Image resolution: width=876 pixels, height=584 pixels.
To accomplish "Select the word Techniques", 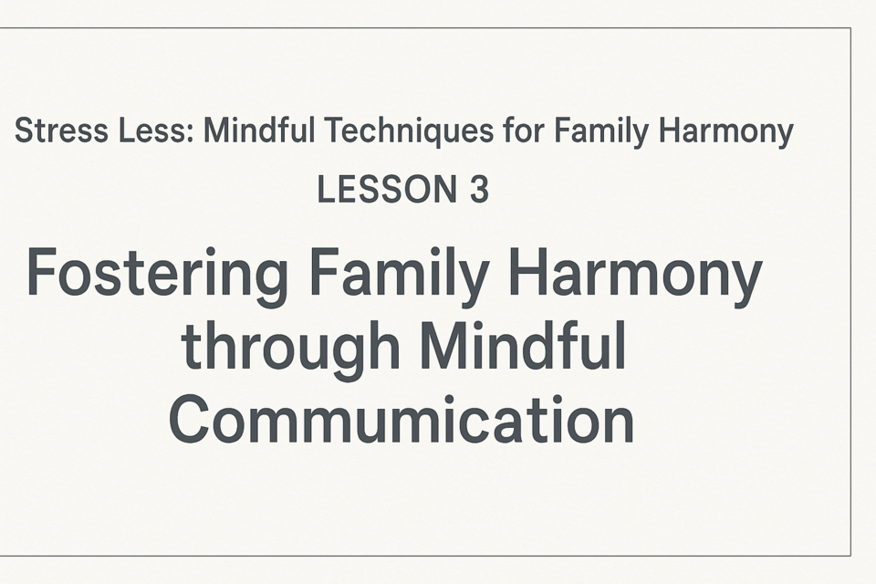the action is tap(410, 131).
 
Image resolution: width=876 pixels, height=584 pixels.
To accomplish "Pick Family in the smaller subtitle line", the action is tap(601, 132).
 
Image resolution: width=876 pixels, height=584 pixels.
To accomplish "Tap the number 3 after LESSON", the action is tap(479, 190).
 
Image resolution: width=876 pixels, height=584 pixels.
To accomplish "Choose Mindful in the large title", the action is tap(523, 346).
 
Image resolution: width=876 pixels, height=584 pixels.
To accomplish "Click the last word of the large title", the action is tap(401, 419).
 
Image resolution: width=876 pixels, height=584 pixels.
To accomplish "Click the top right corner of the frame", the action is tap(850, 27).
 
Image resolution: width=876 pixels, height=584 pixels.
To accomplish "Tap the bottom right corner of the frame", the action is tap(850, 556).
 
